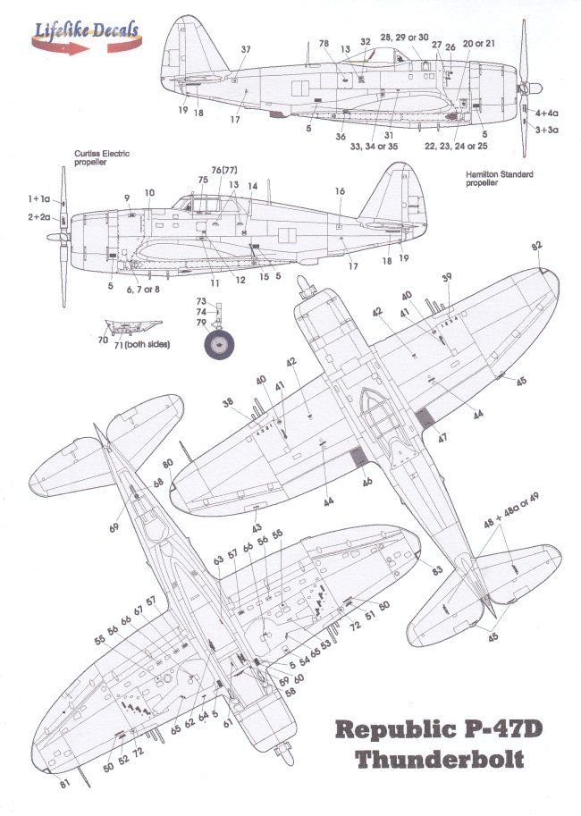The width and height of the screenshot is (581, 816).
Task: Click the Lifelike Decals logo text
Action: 86,29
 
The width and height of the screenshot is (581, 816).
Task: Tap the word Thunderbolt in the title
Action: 438,762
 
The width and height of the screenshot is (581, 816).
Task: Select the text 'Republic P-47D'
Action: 437,730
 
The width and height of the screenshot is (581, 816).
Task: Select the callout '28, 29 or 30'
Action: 405,38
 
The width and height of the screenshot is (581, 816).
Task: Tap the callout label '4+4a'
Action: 546,114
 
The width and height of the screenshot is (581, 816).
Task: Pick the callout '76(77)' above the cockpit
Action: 217,169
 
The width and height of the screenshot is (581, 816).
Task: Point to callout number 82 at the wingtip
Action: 536,244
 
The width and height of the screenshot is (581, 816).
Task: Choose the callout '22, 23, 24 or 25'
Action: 456,145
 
